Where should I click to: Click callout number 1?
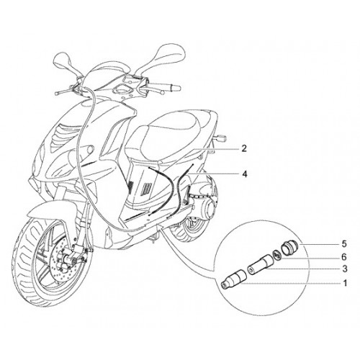pos(345,284)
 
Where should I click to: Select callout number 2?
pos(244,148)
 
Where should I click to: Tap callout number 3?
pos(345,269)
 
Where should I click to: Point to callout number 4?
pos(244,174)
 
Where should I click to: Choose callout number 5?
pos(344,244)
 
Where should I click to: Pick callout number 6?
pos(344,257)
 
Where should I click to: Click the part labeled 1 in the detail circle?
pos(233,280)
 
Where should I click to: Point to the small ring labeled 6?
pos(278,255)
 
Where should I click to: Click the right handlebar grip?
pos(172,87)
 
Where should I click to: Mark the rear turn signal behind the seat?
pos(221,138)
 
